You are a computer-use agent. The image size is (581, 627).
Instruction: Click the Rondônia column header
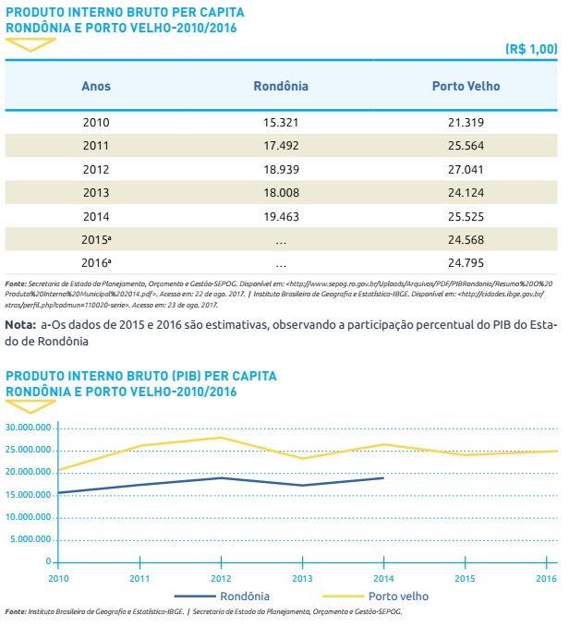click(x=281, y=86)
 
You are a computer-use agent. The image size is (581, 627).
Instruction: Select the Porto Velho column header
click(x=466, y=86)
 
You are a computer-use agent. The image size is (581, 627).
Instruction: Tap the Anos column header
click(x=96, y=86)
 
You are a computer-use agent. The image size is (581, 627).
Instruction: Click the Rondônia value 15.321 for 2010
click(x=281, y=122)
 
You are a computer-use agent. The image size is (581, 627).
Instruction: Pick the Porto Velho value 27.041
click(x=466, y=170)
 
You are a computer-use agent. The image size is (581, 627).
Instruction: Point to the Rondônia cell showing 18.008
click(x=281, y=193)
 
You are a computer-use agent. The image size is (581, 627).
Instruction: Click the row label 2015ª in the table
click(x=97, y=240)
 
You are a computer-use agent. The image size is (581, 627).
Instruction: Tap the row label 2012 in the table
click(x=96, y=170)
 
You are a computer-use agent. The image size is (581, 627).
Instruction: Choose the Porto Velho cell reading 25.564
click(x=466, y=146)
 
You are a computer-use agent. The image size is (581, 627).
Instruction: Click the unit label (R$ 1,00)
click(x=531, y=48)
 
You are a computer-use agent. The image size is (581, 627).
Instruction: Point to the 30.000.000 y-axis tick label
click(x=28, y=428)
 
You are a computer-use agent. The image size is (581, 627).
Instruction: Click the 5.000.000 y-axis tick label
click(x=30, y=539)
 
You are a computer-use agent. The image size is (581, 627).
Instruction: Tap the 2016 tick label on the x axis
click(x=547, y=578)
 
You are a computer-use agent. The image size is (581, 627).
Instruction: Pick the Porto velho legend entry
click(x=396, y=596)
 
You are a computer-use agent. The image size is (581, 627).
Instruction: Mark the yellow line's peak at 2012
click(x=222, y=437)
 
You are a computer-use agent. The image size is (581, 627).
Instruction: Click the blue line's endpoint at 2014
click(x=383, y=477)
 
